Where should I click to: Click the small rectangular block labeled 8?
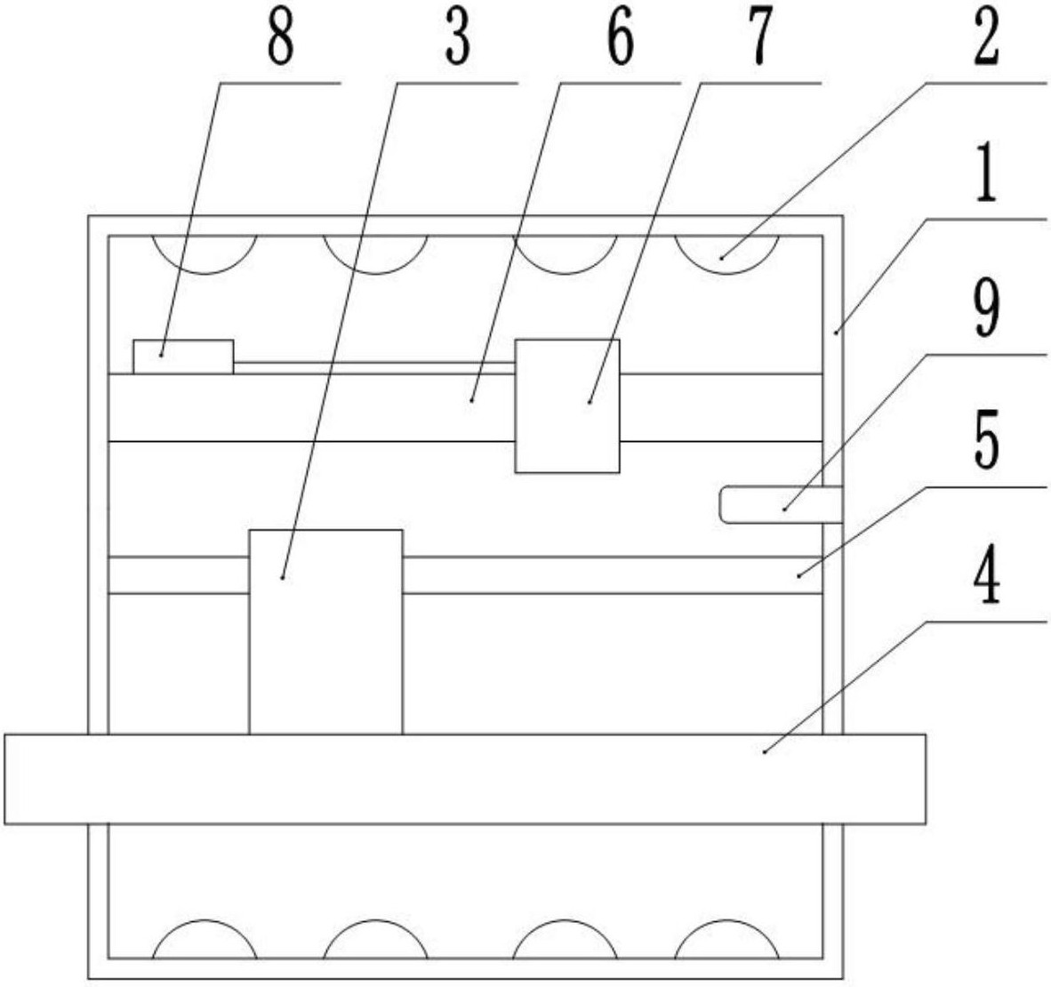point(183,357)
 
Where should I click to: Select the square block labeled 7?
point(567,405)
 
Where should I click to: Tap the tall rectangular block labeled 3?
point(325,631)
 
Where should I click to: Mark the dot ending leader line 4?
point(765,752)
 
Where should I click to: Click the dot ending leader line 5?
point(798,575)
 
